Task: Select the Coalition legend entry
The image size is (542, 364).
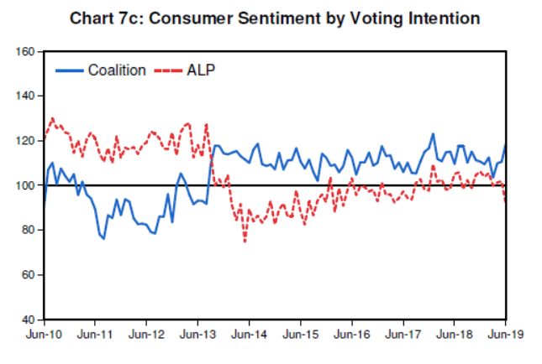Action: (x=117, y=70)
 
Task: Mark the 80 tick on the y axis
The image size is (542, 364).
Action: (x=27, y=230)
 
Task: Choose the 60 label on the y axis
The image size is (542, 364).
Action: (x=27, y=274)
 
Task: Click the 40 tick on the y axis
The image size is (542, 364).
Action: (x=27, y=320)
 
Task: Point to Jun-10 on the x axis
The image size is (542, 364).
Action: (x=44, y=335)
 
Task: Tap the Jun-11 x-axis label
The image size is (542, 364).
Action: (x=95, y=335)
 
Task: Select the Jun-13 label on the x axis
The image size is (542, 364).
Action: (x=197, y=335)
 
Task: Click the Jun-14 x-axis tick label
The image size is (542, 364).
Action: (x=249, y=335)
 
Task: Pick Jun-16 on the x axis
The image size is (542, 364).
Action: (x=351, y=335)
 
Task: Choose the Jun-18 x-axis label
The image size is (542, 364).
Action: (x=454, y=335)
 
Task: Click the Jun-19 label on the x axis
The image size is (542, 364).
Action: (x=504, y=335)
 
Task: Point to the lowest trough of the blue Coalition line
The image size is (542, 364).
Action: (x=103, y=239)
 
